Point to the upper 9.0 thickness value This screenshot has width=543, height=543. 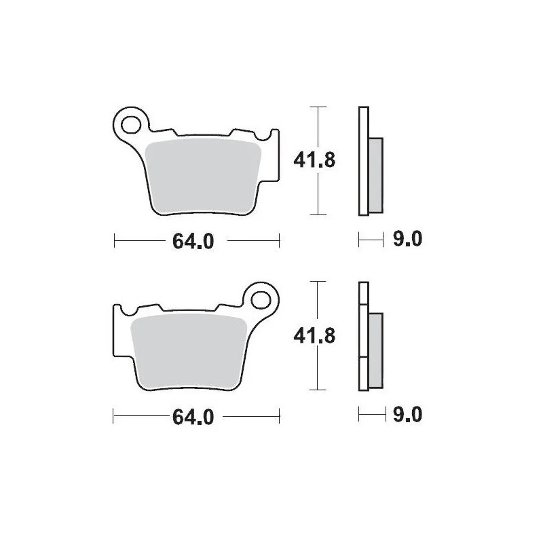(x=407, y=240)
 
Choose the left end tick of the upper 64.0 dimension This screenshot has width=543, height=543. (x=115, y=240)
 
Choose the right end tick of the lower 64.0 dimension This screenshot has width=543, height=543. (x=279, y=414)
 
